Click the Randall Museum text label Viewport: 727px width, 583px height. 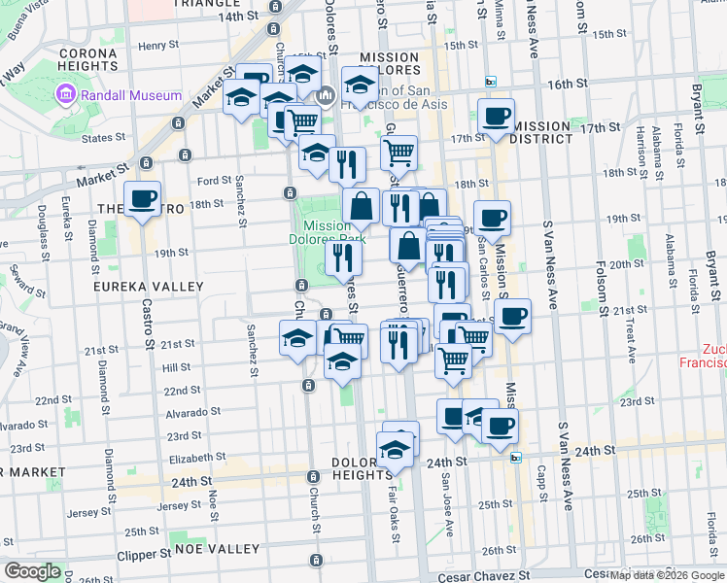tap(131, 95)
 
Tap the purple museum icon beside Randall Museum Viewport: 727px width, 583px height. tap(65, 94)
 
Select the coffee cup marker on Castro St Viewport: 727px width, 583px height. tap(143, 199)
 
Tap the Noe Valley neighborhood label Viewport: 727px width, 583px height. tap(217, 549)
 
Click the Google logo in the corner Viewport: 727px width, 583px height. tap(32, 571)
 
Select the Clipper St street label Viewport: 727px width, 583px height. tap(138, 555)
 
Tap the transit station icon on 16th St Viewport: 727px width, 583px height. tap(491, 83)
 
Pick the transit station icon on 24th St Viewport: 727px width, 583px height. tap(516, 457)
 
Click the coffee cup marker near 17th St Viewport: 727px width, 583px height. tap(496, 118)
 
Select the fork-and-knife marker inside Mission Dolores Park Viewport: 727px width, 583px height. tap(342, 257)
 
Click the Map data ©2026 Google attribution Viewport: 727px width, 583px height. tap(668, 575)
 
